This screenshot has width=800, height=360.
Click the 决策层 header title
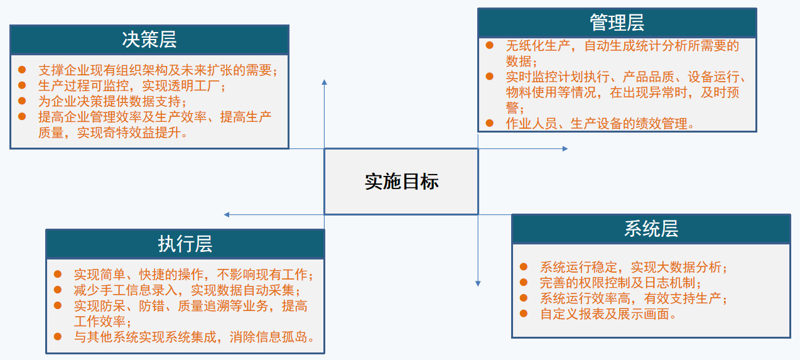(149, 40)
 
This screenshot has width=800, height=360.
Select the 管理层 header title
(617, 23)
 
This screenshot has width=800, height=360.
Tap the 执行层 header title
(185, 244)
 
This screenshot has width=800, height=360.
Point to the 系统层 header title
(651, 229)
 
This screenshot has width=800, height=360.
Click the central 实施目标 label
(401, 182)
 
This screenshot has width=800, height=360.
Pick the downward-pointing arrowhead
(478, 283)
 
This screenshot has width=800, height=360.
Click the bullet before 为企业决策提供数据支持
(23, 100)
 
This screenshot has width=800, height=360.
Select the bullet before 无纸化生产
(490, 45)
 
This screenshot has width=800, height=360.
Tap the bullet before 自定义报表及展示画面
(524, 314)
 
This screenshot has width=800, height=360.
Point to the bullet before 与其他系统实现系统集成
(58, 336)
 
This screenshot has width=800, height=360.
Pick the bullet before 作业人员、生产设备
(490, 123)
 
